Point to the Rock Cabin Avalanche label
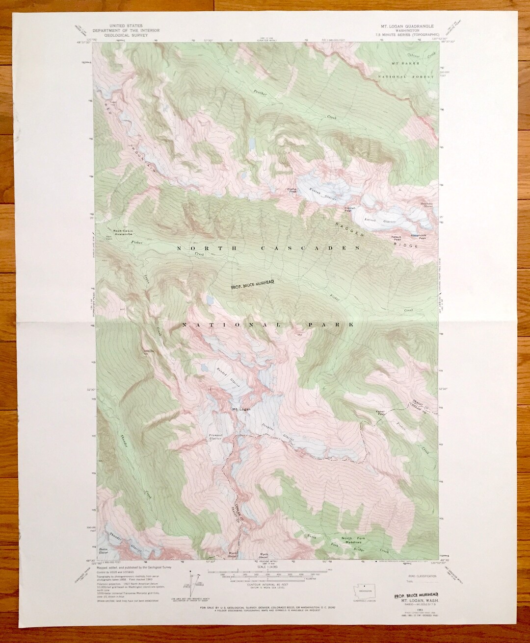[121, 233]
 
